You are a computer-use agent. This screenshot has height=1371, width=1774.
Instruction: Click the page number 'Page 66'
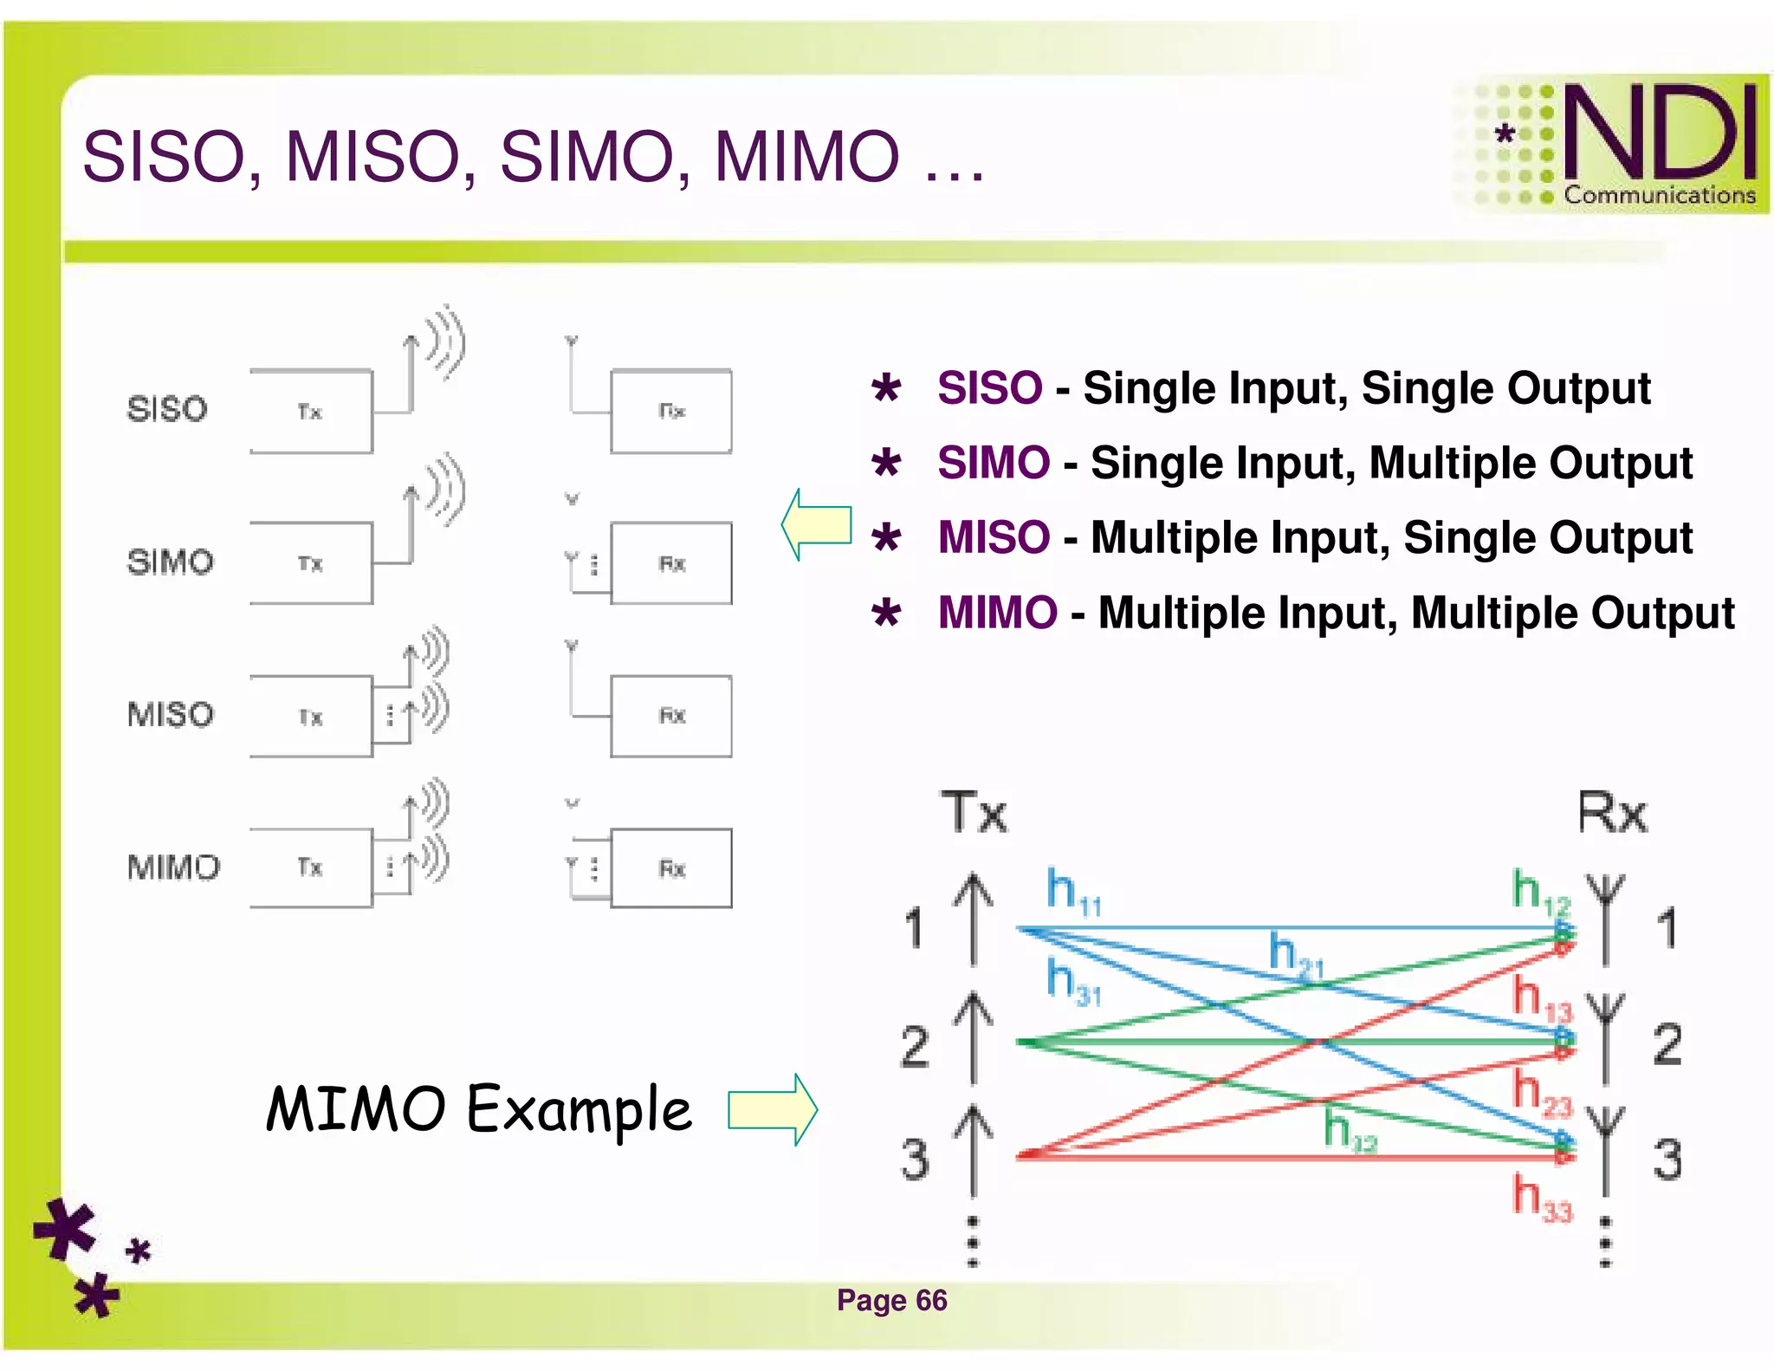pos(891,1301)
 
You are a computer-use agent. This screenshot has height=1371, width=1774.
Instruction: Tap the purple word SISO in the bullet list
pos(989,387)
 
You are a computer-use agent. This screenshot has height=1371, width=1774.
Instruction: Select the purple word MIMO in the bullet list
pos(997,613)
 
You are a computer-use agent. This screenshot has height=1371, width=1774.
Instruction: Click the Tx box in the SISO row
pos(311,412)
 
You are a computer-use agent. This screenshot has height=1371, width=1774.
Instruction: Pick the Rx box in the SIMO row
pos(671,564)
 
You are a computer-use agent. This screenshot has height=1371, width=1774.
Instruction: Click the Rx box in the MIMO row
pos(671,868)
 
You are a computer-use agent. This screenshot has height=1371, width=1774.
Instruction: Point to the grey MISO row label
pos(170,715)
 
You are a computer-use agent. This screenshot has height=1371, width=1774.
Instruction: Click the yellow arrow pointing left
pos(815,524)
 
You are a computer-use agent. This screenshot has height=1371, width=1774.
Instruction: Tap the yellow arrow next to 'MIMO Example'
pos(772,1110)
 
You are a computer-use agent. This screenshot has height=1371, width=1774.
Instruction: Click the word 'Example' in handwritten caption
pos(579,1110)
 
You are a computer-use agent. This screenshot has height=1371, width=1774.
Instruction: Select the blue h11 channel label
pos(1072,892)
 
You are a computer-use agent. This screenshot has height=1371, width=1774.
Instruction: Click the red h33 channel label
pos(1541,1197)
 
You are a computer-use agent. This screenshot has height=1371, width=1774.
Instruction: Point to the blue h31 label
pos(1072,982)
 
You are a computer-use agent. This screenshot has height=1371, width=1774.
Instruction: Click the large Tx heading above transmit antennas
pos(974,813)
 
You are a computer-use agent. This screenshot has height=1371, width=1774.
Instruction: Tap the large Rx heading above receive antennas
pos(1611,813)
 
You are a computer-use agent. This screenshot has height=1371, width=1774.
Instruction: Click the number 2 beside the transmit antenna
pos(915,1046)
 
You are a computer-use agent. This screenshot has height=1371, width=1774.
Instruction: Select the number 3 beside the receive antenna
pos(1667,1160)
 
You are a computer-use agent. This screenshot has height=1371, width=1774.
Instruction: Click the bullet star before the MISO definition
pos(886,538)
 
